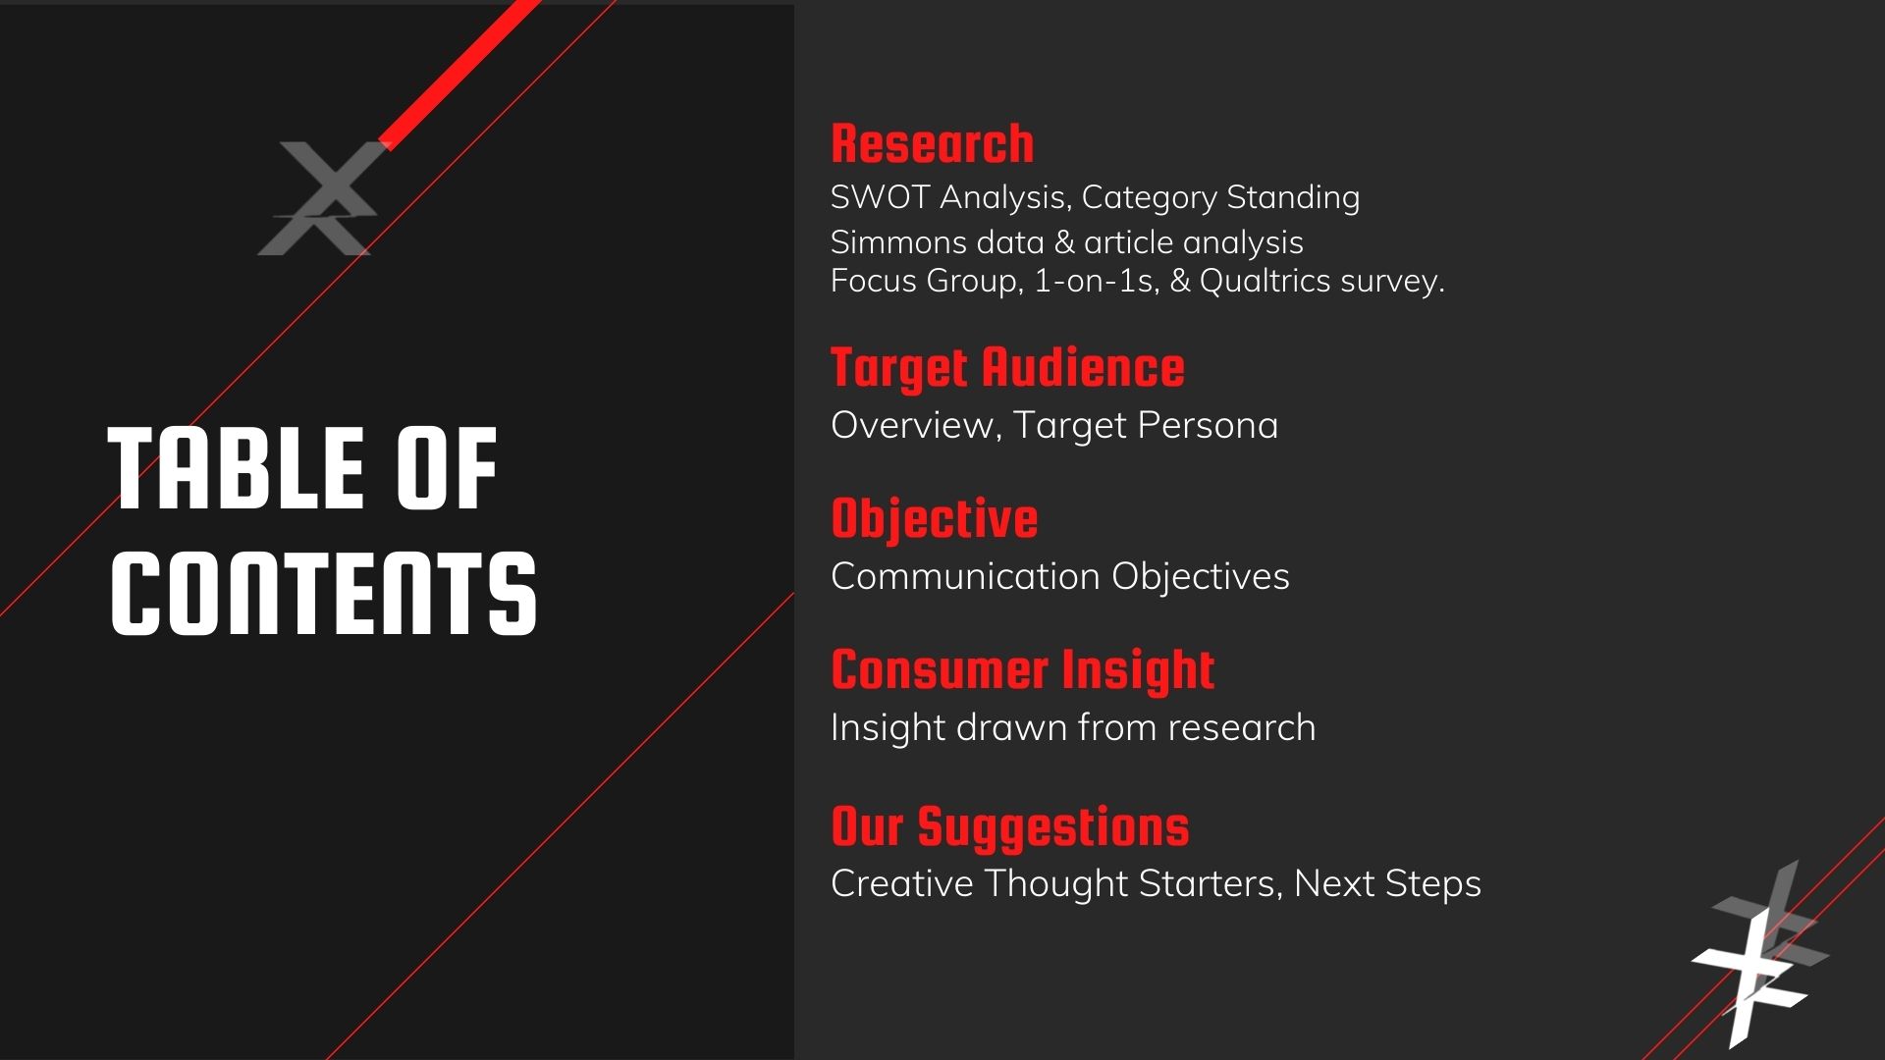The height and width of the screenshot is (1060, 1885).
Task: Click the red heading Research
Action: pyautogui.click(x=932, y=143)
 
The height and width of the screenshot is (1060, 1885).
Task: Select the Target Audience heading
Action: pyautogui.click(x=1007, y=369)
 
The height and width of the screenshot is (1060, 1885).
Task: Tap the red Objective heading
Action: pyautogui.click(x=934, y=519)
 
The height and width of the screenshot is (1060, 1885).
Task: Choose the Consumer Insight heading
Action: pyautogui.click(x=1022, y=671)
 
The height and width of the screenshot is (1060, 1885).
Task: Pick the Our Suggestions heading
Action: pyautogui.click(x=1009, y=827)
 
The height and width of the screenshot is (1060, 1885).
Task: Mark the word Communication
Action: pyautogui.click(x=965, y=576)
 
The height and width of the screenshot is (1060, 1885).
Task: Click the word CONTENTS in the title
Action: pyautogui.click(x=324, y=593)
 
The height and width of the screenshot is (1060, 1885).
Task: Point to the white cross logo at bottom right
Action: pyautogui.click(x=1760, y=954)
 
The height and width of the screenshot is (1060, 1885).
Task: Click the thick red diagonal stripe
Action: pyautogui.click(x=459, y=74)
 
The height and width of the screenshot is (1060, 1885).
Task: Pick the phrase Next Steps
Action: pyautogui.click(x=1387, y=883)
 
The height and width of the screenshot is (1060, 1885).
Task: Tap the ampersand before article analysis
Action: pyautogui.click(x=1064, y=242)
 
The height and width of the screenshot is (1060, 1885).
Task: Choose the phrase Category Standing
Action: pyautogui.click(x=1220, y=197)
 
